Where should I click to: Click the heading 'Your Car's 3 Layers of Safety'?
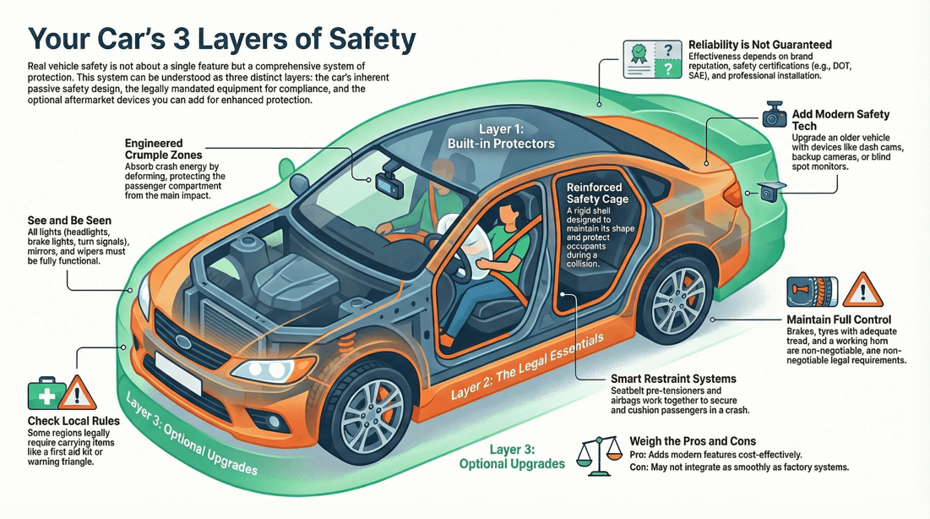222,39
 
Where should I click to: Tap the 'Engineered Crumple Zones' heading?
164,150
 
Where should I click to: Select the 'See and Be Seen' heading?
69,221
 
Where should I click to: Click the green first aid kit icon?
46,394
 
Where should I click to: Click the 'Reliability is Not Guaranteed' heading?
759,44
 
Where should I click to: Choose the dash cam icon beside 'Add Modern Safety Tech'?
774,117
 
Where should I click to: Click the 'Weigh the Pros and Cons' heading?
693,441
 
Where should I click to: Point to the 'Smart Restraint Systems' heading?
673,379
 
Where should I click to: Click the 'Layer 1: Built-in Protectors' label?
502,136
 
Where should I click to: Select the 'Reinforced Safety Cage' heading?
594,193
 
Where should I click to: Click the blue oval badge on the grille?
183,341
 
